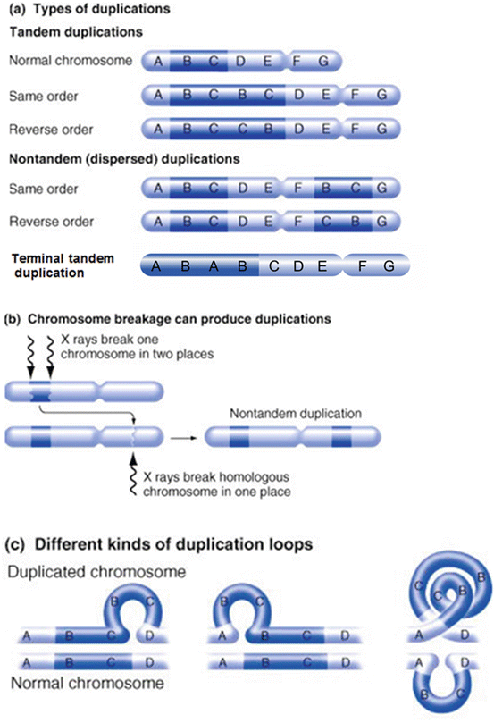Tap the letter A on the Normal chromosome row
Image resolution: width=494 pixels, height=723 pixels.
pyautogui.click(x=158, y=62)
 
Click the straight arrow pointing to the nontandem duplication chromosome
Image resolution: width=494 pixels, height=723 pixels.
pyautogui.click(x=184, y=438)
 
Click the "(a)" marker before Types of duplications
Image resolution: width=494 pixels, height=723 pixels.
pyautogui.click(x=17, y=11)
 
